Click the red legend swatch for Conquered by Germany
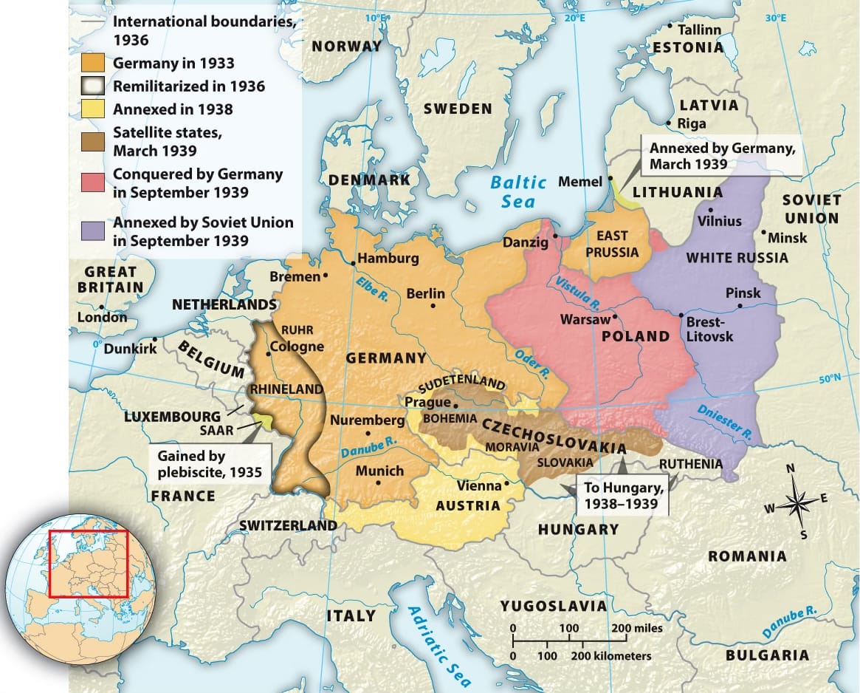[93, 184]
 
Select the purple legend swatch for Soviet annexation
[93, 231]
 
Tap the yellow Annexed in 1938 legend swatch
[93, 109]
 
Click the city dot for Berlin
[433, 305]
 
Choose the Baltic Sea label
[518, 191]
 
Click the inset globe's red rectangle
[88, 563]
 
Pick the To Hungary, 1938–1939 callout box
[624, 496]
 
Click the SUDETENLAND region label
[461, 385]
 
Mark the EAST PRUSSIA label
[612, 244]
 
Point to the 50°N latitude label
[832, 379]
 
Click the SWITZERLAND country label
[288, 525]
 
